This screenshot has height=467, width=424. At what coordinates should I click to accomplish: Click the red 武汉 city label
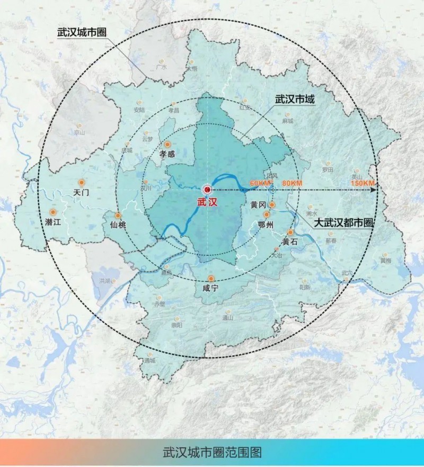[207, 202]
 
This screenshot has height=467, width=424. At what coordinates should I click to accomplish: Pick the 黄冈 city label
[259, 205]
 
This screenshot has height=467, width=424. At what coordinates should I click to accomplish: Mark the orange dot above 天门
[81, 182]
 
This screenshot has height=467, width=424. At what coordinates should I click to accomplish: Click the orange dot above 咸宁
[211, 279]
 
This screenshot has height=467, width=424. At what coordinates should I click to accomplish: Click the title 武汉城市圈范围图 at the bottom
[212, 453]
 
